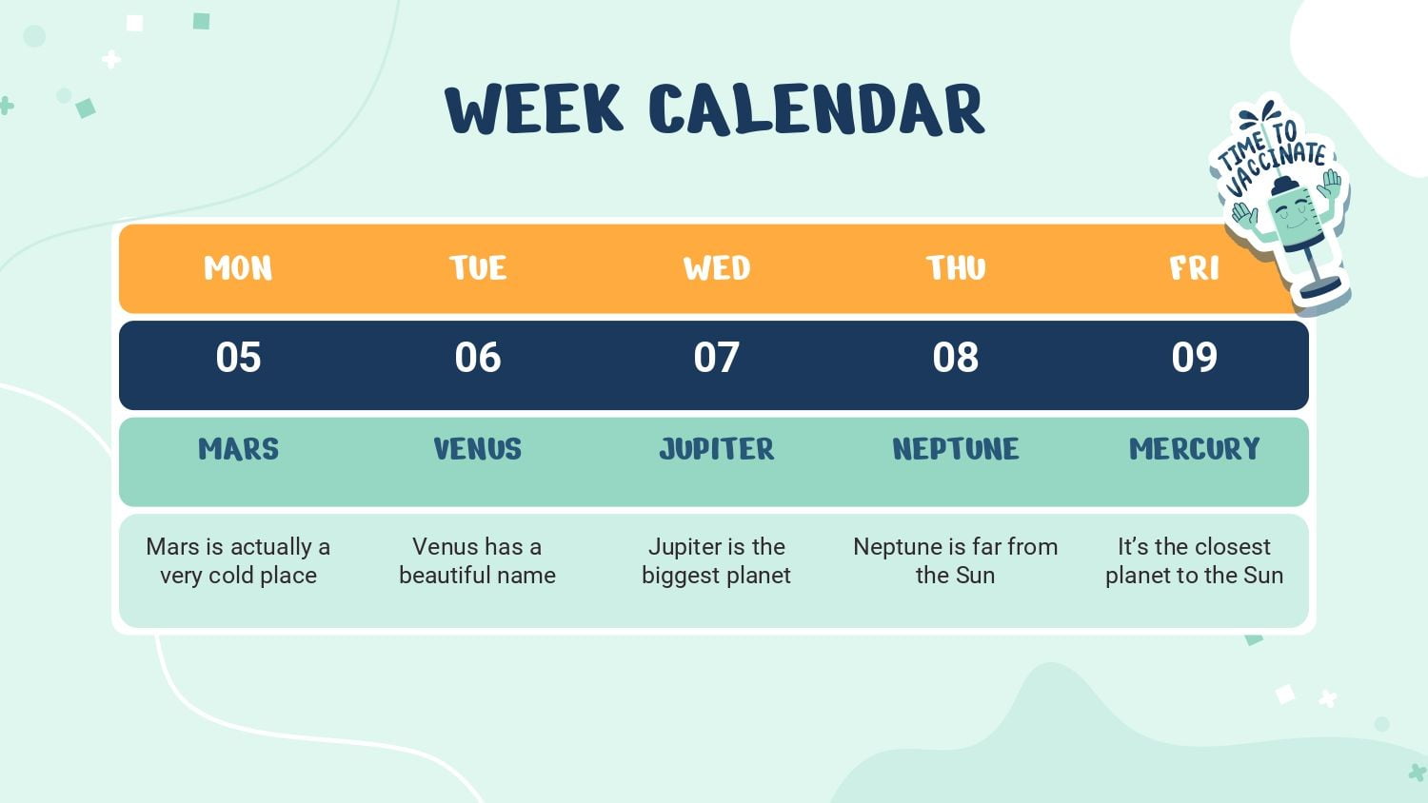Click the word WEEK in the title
(x=534, y=109)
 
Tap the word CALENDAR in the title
(x=817, y=109)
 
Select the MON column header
(x=238, y=268)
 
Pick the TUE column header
(x=478, y=268)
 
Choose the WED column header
(x=717, y=268)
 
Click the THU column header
(x=956, y=268)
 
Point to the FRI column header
(x=1194, y=268)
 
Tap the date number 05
(x=238, y=357)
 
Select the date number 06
(x=478, y=357)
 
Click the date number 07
(x=717, y=357)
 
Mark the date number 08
(x=956, y=357)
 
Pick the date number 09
(x=1194, y=357)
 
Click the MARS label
(x=238, y=449)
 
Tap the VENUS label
(x=478, y=449)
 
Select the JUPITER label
(x=717, y=449)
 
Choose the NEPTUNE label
(x=956, y=449)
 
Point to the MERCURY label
(x=1194, y=449)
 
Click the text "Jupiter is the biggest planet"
(x=717, y=560)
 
